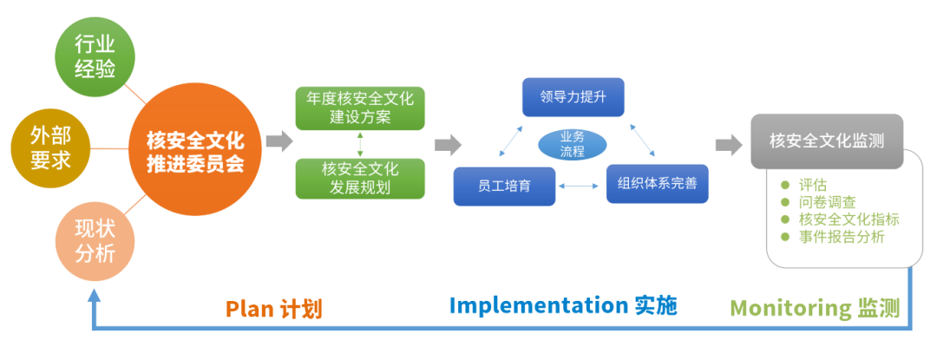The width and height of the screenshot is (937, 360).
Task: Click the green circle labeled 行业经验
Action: tap(95, 56)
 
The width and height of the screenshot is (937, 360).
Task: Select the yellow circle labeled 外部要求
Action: tap(50, 148)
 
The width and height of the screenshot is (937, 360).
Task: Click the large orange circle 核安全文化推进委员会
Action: tap(195, 150)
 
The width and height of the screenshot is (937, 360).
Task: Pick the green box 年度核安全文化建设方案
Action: tap(360, 108)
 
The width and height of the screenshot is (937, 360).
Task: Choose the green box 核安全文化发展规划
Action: tap(360, 177)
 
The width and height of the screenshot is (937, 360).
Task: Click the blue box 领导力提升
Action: tap(573, 97)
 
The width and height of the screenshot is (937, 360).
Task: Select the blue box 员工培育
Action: tap(504, 185)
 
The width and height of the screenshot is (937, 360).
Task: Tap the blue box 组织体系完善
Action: tap(657, 183)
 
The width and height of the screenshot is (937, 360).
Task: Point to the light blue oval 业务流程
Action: tap(572, 143)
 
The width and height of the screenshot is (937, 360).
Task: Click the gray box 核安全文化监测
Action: tap(827, 141)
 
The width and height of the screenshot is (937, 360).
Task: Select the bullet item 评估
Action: tap(813, 185)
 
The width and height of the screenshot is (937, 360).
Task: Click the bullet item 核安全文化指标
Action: tap(849, 219)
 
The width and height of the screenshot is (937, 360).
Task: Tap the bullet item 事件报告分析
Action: tap(842, 237)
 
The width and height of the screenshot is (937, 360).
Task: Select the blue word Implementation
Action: tap(538, 305)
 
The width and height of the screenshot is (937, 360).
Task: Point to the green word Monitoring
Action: tap(790, 308)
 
